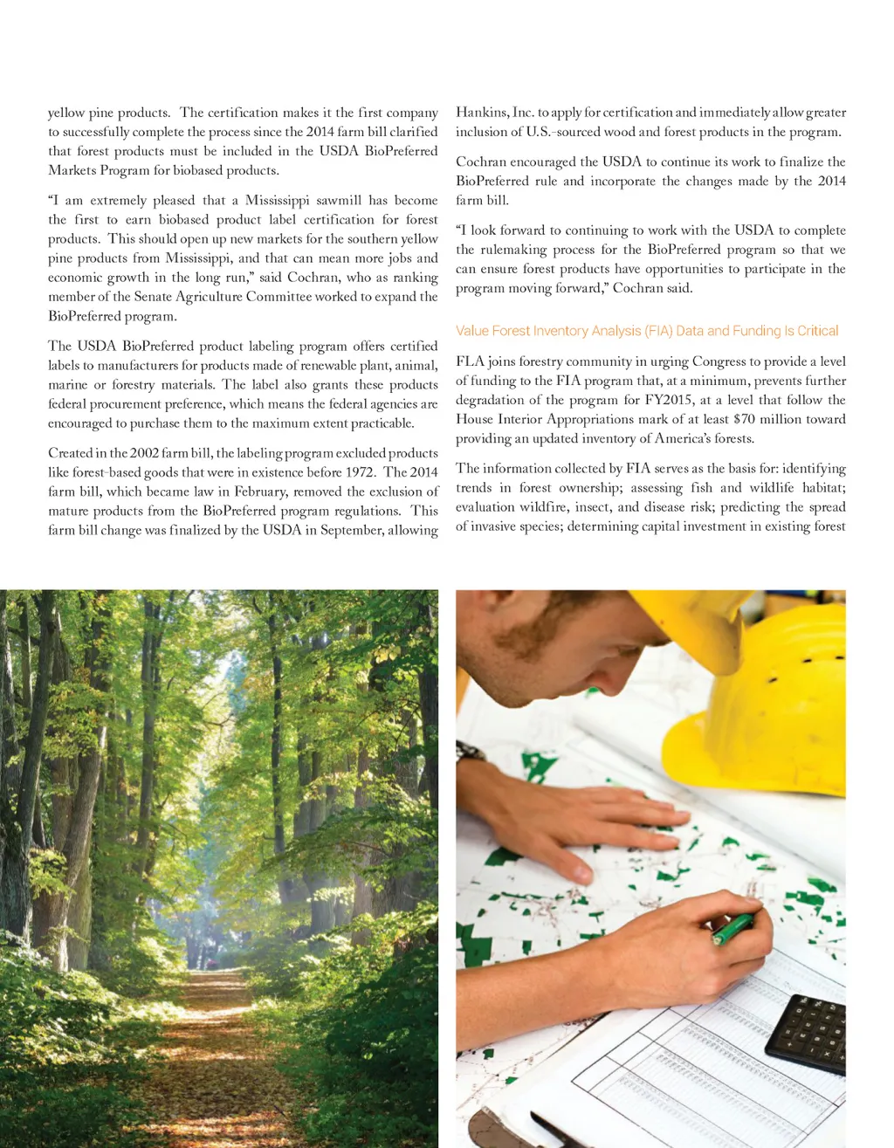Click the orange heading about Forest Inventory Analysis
click(646, 331)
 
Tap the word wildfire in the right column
click(550, 507)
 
